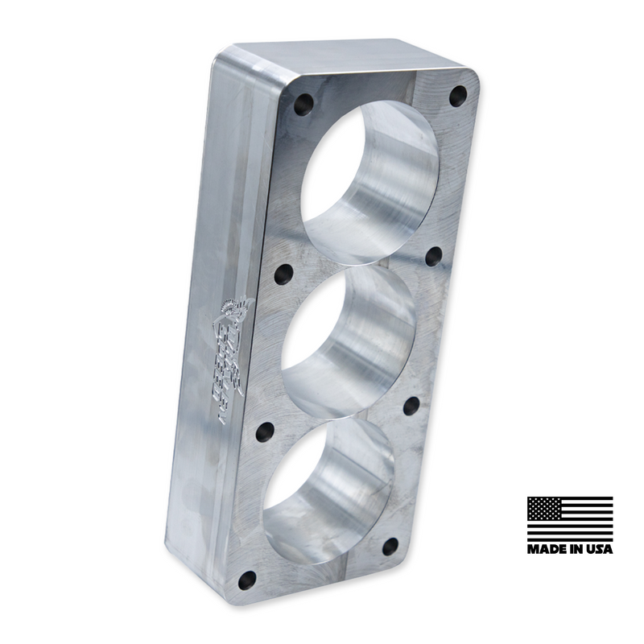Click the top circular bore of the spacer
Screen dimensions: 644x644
369,182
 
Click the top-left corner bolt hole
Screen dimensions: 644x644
303,104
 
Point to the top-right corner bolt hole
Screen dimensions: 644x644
458,96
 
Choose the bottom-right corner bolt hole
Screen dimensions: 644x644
390,547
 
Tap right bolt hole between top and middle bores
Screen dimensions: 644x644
434,256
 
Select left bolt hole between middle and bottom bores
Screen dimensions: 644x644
265,432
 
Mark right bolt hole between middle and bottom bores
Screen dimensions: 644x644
411,406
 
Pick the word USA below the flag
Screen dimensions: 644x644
599,550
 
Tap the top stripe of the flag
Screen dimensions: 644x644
588,499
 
